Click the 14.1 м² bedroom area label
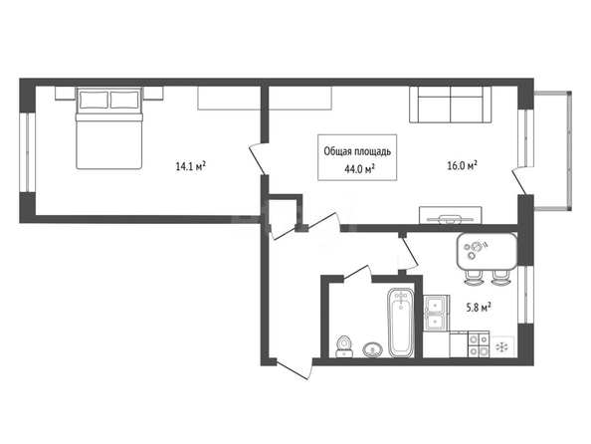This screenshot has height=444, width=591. (x=190, y=166)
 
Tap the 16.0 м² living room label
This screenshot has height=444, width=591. (x=463, y=165)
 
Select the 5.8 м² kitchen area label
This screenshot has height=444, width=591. (x=479, y=308)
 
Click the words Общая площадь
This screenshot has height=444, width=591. (x=357, y=151)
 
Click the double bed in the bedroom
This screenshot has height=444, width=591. (x=109, y=128)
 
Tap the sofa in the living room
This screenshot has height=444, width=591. (x=451, y=105)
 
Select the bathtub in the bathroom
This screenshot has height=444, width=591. (x=401, y=323)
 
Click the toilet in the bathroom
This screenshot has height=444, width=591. (x=344, y=346)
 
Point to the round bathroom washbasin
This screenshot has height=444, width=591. (x=373, y=349)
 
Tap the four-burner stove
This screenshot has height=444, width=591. (x=479, y=344)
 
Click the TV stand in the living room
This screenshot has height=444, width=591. (x=451, y=215)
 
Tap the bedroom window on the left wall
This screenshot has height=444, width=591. (x=27, y=152)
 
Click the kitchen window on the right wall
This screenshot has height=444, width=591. (x=525, y=295)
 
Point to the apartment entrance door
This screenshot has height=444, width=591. (x=294, y=369)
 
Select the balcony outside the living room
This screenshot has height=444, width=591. (x=552, y=150)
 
